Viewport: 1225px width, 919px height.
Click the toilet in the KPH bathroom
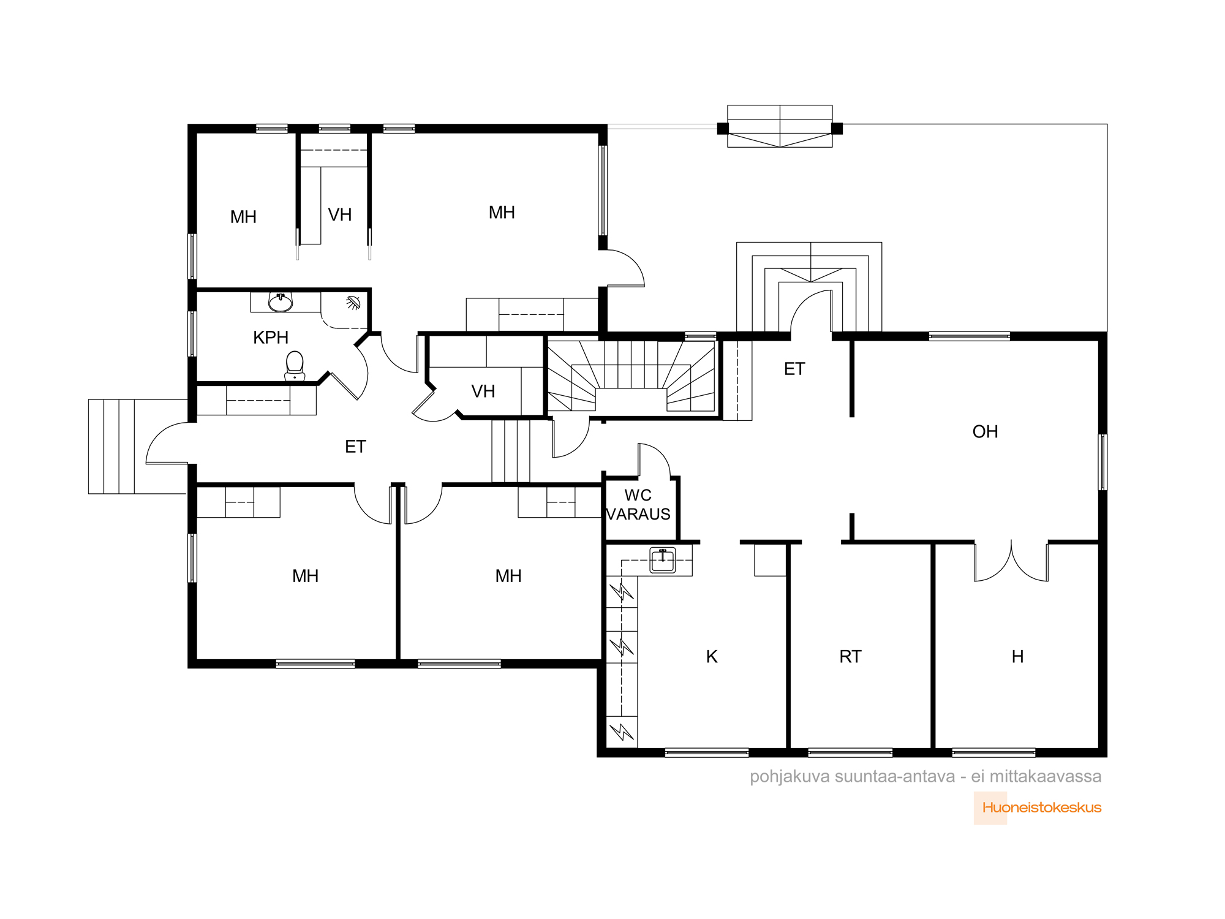(x=295, y=366)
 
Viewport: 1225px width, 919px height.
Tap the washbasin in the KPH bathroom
(x=281, y=302)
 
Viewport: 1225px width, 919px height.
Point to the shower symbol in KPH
(x=353, y=303)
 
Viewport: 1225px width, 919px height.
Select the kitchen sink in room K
(x=663, y=561)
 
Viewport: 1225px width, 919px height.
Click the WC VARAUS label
(x=638, y=505)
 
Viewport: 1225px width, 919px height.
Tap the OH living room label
(x=985, y=432)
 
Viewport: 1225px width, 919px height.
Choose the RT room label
(x=850, y=657)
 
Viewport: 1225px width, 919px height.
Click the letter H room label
(x=1017, y=657)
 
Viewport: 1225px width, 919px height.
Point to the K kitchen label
(x=712, y=657)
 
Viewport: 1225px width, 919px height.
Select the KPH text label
(x=271, y=338)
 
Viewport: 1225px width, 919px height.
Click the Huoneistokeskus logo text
(x=1042, y=807)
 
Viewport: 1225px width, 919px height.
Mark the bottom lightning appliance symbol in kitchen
(x=622, y=732)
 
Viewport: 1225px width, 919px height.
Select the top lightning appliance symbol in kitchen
(x=622, y=592)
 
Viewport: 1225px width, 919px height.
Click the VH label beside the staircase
(x=483, y=391)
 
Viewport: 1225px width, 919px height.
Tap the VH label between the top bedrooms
(x=340, y=215)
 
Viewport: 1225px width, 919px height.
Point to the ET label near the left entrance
(x=355, y=447)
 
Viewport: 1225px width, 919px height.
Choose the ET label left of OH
(x=794, y=369)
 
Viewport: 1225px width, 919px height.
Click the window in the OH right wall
(x=1102, y=462)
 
